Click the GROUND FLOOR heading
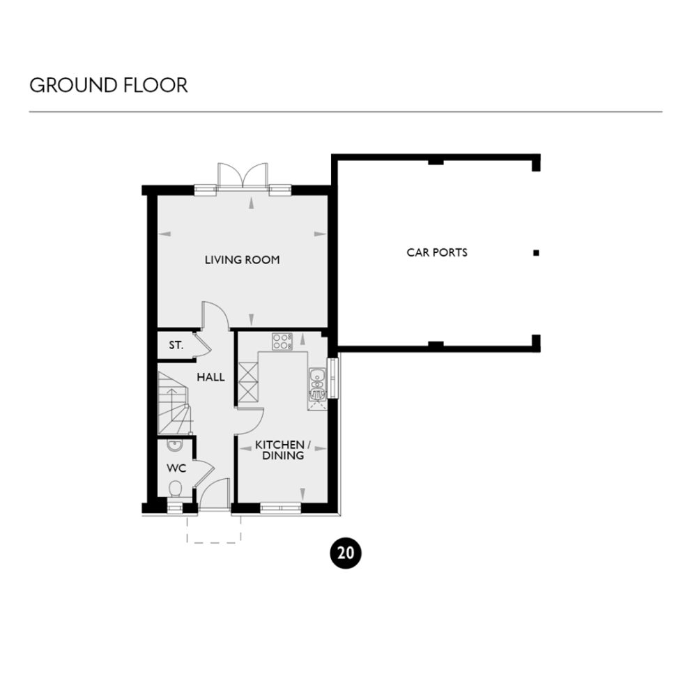108,86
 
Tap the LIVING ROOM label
242,260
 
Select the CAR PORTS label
437,252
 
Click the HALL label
210,377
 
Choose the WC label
175,468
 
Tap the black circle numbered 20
344,553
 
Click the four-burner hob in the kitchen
282,342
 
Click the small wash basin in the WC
175,447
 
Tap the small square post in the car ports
536,252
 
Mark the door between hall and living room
215,316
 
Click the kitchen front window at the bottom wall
281,508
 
